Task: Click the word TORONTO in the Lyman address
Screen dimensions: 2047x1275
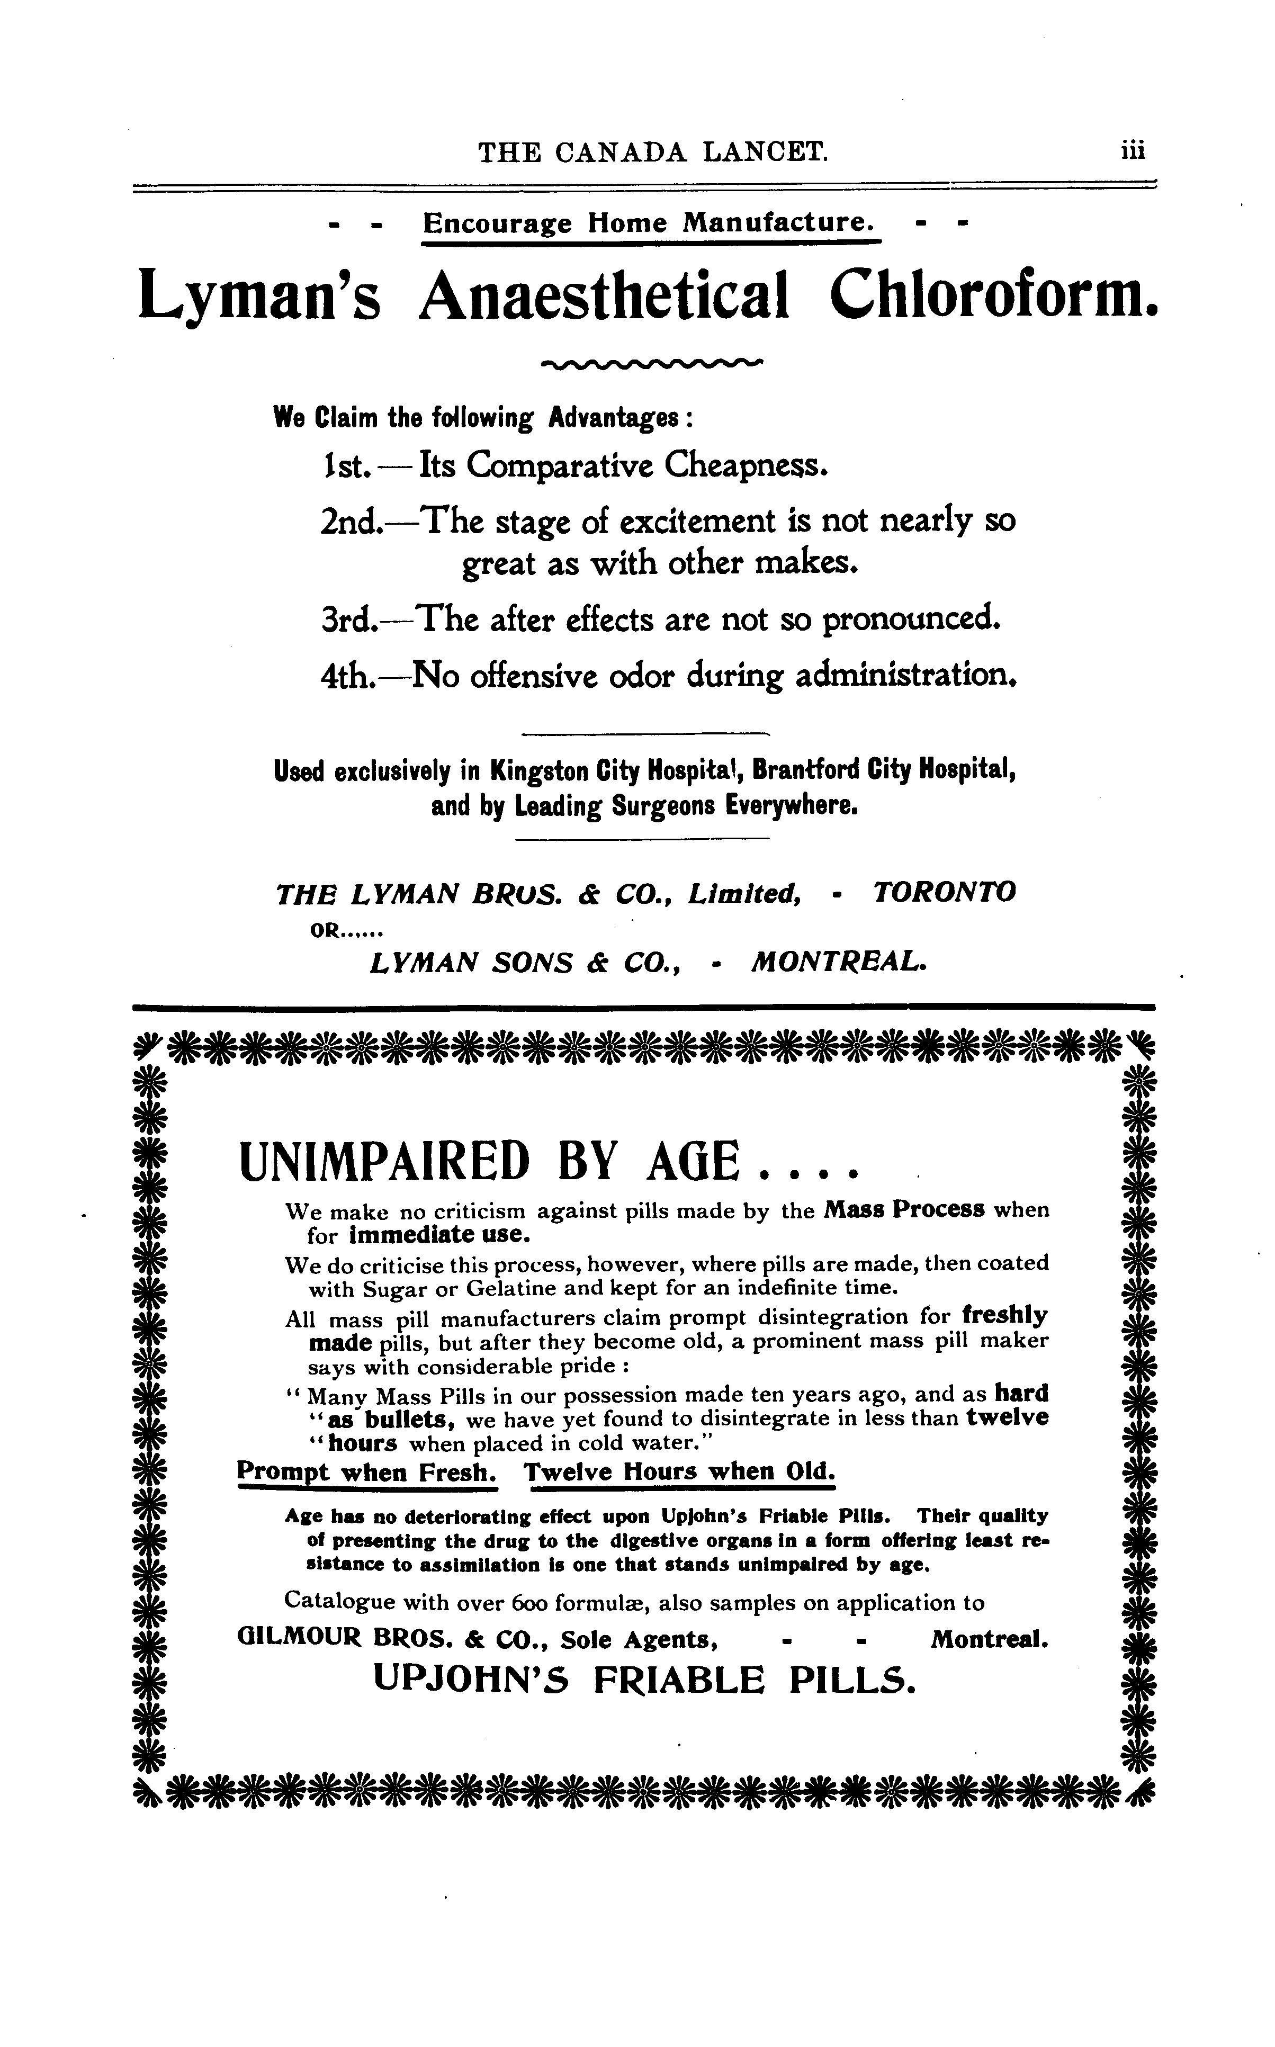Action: pyautogui.click(x=945, y=892)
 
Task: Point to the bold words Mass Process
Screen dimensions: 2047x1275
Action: pyautogui.click(x=904, y=1210)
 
